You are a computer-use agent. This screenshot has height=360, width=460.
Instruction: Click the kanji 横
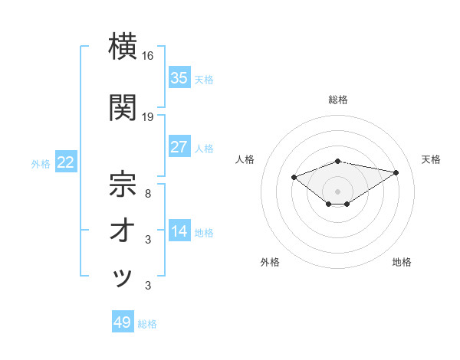123,47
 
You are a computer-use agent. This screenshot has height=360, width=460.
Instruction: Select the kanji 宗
123,184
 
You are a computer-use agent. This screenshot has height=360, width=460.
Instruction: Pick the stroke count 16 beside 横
148,57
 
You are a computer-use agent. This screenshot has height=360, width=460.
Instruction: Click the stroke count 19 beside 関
148,117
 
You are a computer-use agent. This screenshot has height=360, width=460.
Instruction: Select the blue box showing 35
179,78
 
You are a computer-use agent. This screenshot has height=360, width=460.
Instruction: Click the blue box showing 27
179,147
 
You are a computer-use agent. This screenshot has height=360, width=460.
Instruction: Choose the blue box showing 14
179,232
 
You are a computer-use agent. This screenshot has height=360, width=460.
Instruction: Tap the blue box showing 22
65,162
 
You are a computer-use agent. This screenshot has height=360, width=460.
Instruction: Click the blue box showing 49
123,322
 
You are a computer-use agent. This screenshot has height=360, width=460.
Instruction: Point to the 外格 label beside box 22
41,163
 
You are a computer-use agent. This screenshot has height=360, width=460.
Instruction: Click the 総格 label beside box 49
147,324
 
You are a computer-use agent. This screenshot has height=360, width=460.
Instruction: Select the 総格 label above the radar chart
337,100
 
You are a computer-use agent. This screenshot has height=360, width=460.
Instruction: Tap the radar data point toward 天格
396,172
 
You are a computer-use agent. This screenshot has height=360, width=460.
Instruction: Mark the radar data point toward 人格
294,178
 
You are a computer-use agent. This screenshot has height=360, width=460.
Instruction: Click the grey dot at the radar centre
337,191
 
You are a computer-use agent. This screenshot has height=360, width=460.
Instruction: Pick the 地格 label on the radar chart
402,262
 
